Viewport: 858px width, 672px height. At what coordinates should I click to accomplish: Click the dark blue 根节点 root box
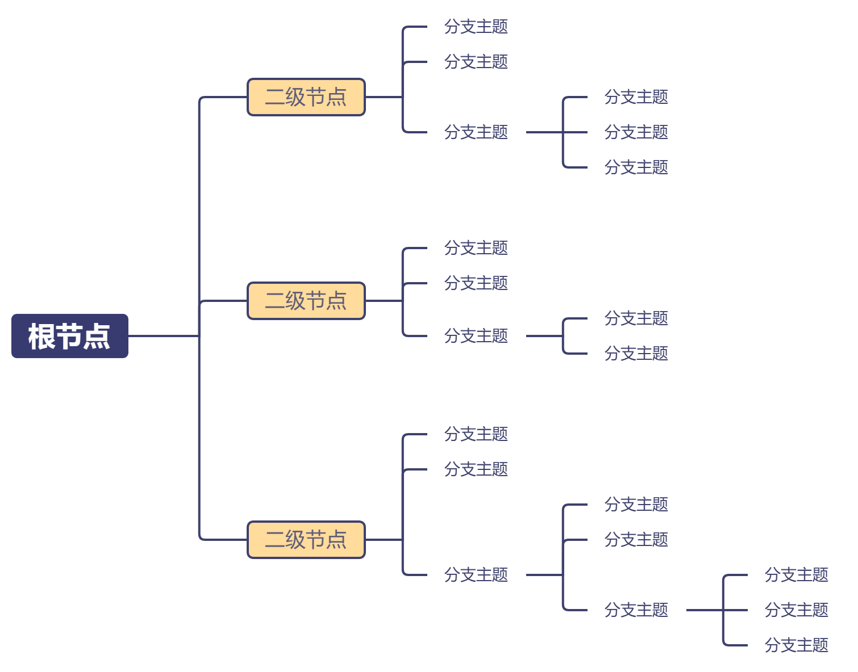pos(69,336)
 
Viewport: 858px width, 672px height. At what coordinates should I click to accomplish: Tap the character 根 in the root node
pos(41,336)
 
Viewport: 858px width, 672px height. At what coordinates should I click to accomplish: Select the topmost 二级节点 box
pos(306,97)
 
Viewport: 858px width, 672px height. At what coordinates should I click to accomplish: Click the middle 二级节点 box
pos(306,301)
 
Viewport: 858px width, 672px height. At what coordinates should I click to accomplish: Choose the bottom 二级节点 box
pos(306,540)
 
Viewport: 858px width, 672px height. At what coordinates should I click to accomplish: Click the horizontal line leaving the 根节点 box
pos(163,336)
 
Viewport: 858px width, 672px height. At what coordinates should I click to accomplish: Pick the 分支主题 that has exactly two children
pos(476,336)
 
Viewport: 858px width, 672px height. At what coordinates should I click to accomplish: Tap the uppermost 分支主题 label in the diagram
pos(476,27)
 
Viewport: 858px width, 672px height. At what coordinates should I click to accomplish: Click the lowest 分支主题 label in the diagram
pos(796,645)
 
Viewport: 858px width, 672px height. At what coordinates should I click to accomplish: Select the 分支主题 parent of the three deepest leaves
pos(636,610)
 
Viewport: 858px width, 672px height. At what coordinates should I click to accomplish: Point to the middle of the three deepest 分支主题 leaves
pos(796,610)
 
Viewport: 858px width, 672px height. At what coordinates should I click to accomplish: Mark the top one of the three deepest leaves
pos(796,575)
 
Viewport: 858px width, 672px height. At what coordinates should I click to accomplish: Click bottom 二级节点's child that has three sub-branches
pos(476,575)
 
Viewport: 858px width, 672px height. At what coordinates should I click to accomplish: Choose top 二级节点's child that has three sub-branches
pos(476,132)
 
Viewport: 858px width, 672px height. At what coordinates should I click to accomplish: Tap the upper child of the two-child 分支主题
pos(636,318)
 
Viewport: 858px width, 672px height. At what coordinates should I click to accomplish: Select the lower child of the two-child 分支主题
pos(636,354)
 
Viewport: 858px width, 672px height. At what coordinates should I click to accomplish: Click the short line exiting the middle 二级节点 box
pos(384,301)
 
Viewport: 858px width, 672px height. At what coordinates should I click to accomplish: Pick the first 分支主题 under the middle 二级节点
pos(476,248)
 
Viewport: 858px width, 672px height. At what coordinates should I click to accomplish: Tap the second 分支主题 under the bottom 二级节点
pos(476,469)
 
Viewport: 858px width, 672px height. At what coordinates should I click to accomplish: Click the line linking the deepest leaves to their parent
pos(705,610)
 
